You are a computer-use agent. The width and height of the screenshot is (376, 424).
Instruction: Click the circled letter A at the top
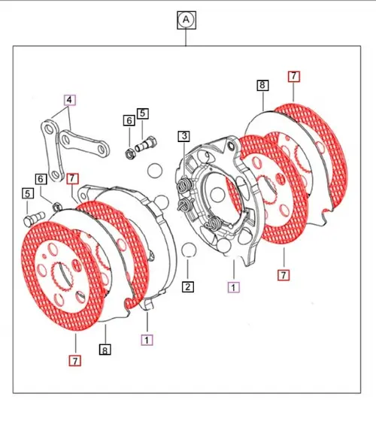[185, 20]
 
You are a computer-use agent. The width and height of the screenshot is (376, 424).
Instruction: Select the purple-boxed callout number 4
[70, 99]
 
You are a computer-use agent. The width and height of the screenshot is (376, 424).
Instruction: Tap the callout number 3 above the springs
[183, 136]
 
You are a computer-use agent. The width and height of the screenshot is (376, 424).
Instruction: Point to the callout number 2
[188, 286]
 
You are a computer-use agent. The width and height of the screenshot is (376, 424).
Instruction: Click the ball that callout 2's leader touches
[190, 250]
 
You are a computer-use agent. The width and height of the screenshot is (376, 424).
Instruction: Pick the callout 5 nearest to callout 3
[142, 114]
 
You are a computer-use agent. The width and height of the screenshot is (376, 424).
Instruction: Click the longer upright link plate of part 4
[53, 150]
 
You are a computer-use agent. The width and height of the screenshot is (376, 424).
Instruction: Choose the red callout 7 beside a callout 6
[72, 179]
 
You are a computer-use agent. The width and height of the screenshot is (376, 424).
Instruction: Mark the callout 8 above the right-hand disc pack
[262, 86]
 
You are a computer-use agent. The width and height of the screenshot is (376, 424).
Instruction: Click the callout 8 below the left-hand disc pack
[105, 350]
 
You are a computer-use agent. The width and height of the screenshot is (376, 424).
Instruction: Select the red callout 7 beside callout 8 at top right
[293, 76]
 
